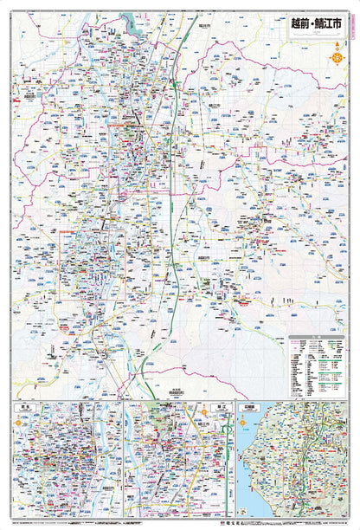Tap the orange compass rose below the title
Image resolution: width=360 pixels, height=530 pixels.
click(x=335, y=60)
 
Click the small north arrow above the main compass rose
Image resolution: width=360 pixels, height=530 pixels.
click(x=335, y=46)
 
